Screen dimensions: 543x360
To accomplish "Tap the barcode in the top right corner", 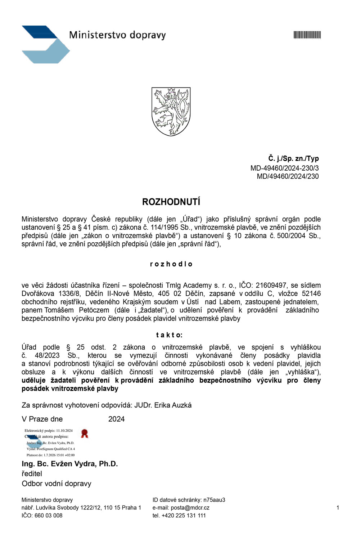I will pyautogui.click(x=307, y=35).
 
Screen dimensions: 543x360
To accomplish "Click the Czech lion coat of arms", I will pyautogui.click(x=171, y=112).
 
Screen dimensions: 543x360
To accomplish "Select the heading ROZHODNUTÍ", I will pyautogui.click(x=171, y=202).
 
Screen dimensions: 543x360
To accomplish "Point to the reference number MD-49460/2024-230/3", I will pyautogui.click(x=284, y=168).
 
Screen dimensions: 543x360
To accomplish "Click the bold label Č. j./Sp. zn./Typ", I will pyautogui.click(x=293, y=158).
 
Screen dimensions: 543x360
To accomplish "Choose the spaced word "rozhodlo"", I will pyautogui.click(x=171, y=264).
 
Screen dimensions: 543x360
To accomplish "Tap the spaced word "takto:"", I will pyautogui.click(x=169, y=335).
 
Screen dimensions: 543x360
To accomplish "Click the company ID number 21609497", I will pyautogui.click(x=271, y=286).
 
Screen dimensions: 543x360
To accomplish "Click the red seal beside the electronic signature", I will pyautogui.click(x=85, y=433).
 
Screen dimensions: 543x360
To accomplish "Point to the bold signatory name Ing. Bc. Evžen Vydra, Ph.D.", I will pyautogui.click(x=70, y=464).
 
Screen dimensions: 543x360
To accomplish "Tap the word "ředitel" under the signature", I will pyautogui.click(x=32, y=474).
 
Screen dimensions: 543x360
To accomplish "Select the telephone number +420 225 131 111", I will pyautogui.click(x=184, y=515).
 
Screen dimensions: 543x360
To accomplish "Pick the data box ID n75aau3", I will pyautogui.click(x=214, y=500).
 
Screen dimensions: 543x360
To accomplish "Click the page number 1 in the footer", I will pyautogui.click(x=338, y=508).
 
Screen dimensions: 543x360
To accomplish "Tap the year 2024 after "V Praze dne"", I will pyautogui.click(x=116, y=419).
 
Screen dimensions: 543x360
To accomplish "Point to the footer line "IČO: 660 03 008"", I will pyautogui.click(x=42, y=515).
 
